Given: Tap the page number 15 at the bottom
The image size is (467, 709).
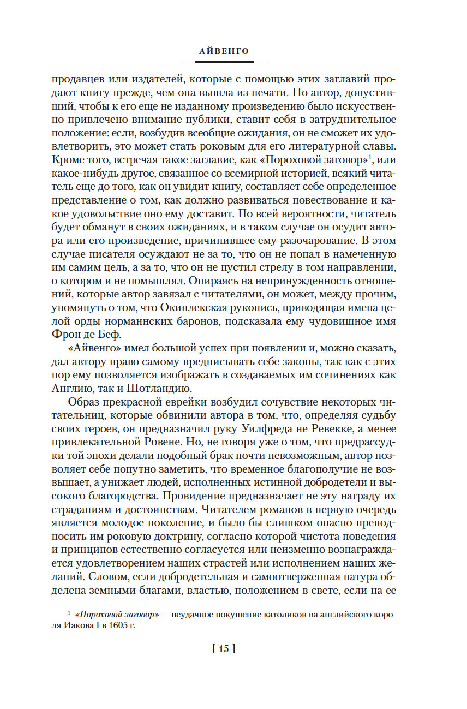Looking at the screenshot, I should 224,648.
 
